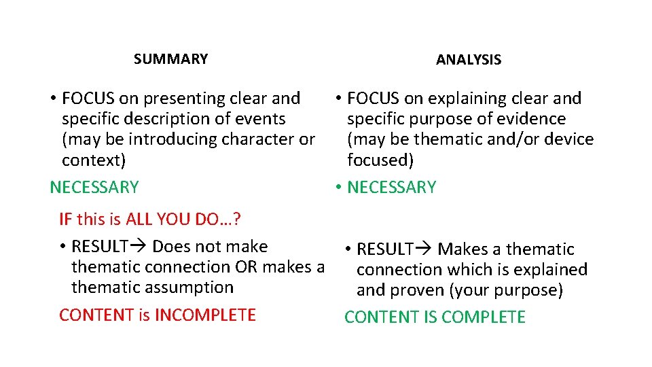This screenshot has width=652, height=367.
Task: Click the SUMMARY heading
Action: (170, 59)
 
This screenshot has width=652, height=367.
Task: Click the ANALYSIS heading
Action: (469, 60)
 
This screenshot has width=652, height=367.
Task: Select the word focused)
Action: (380, 160)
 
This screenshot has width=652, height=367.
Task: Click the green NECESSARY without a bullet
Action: (94, 188)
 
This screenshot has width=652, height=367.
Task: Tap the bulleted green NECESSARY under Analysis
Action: (392, 188)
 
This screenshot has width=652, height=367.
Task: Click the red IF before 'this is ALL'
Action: (65, 220)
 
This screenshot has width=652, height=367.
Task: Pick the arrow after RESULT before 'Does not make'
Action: (140, 247)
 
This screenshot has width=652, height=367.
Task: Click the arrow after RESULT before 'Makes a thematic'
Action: (425, 249)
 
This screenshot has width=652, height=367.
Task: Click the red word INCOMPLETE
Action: (205, 315)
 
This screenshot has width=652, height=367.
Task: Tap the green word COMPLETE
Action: (484, 317)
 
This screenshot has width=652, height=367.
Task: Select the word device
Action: (570, 140)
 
